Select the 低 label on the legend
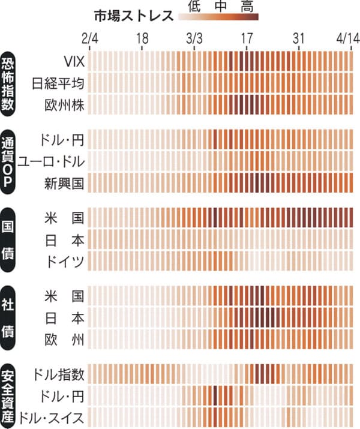193,6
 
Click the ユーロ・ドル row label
51,161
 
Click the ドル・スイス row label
51,417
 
